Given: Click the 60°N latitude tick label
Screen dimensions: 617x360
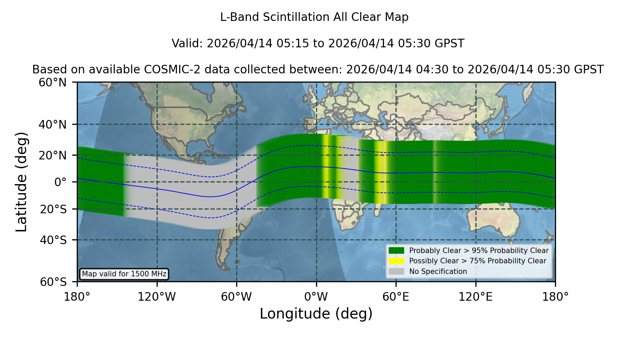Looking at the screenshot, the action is coord(52,83).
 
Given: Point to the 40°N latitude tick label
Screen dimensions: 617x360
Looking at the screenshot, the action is coord(52,124).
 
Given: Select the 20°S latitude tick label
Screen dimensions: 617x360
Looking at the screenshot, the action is coord(53,209).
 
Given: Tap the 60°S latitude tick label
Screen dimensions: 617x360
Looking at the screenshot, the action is coord(53,282).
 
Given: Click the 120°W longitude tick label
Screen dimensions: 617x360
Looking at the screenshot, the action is coord(157,297).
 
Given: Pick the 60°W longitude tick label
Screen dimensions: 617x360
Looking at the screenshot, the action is coord(237,297).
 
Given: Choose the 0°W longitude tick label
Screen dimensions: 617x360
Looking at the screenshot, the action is coord(316,297).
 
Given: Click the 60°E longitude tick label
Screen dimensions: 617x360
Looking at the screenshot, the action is coord(396,297).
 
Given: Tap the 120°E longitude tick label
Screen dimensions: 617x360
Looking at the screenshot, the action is coord(475,297).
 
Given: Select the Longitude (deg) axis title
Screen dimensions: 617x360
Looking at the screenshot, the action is coord(316,314).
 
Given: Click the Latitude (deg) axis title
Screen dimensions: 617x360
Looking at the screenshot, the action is coord(21,182).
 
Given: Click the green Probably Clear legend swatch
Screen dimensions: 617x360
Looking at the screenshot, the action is coord(396,251).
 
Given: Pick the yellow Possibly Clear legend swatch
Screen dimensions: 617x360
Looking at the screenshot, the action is coord(396,261).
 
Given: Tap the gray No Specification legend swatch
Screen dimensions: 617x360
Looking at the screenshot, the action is coord(396,272).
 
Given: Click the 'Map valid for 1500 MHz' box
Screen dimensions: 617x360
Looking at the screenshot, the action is coord(124,274).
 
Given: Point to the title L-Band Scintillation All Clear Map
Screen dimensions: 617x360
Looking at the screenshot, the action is coord(314,17).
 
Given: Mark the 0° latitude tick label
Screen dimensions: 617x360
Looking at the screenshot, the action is coord(60,182).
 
